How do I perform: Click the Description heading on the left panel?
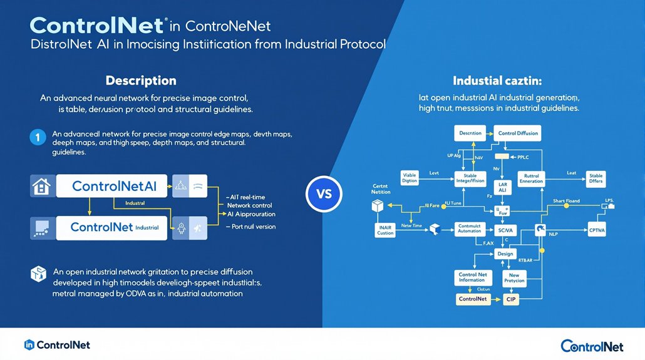pyautogui.click(x=140, y=81)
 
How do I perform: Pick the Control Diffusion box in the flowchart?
pyautogui.click(x=518, y=133)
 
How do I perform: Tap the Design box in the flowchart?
pyautogui.click(x=505, y=254)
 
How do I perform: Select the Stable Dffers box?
pyautogui.click(x=596, y=179)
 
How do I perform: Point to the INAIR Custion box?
pyautogui.click(x=385, y=230)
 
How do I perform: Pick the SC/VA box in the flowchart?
pyautogui.click(x=505, y=230)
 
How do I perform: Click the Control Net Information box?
pyautogui.click(x=472, y=277)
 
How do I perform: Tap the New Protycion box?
pyautogui.click(x=513, y=277)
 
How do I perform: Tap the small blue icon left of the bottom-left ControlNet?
pyautogui.click(x=28, y=345)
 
